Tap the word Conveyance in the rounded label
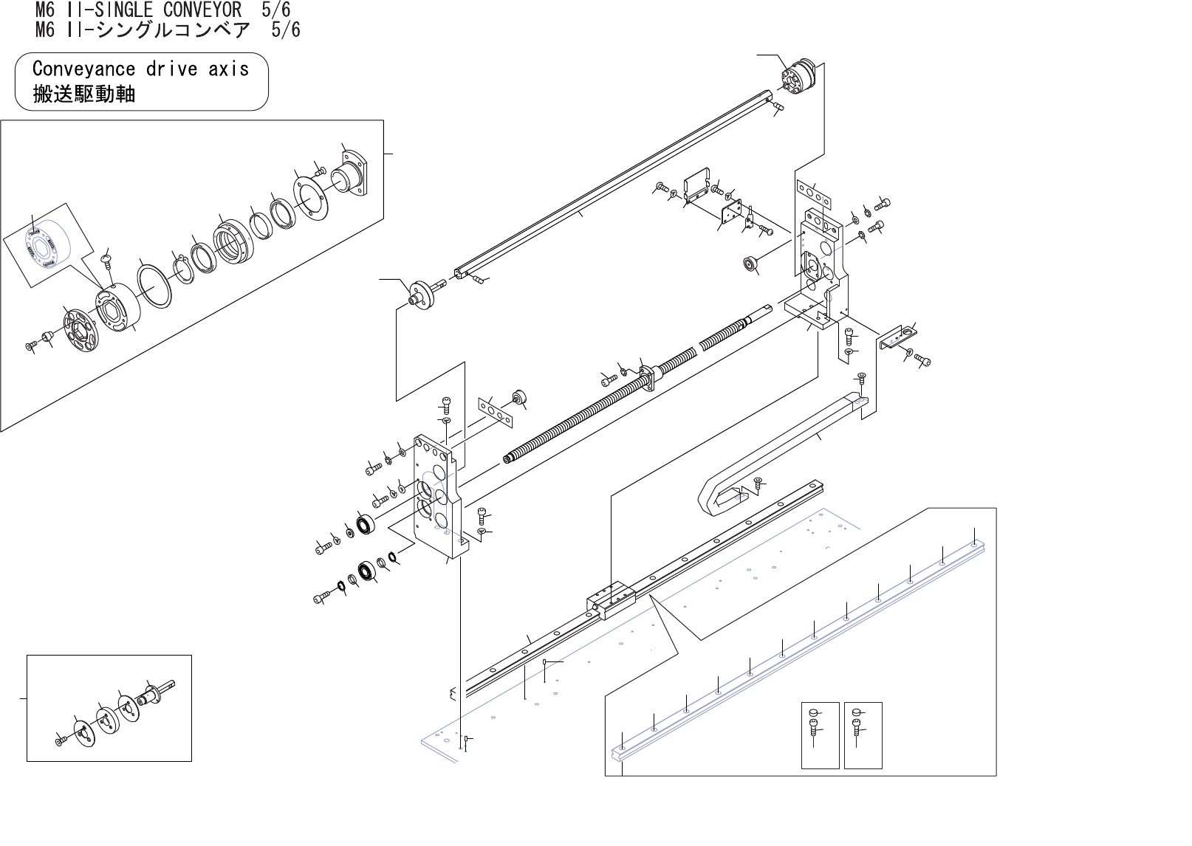tap(84, 69)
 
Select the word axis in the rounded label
tap(229, 69)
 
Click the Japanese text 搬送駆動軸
tap(84, 94)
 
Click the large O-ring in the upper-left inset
tap(154, 286)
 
